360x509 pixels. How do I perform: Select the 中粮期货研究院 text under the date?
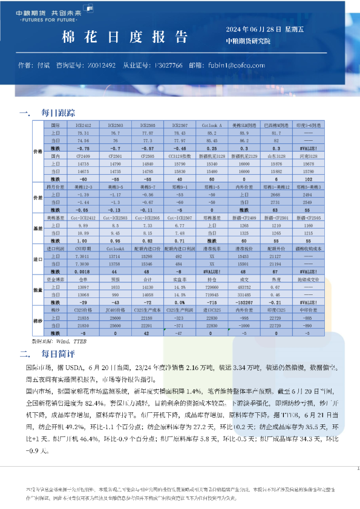[x=248, y=42]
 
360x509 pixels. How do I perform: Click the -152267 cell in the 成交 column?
[x=244, y=301]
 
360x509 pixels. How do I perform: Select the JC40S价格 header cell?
[x=116, y=310]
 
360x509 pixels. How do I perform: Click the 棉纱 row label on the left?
[x=36, y=321]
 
